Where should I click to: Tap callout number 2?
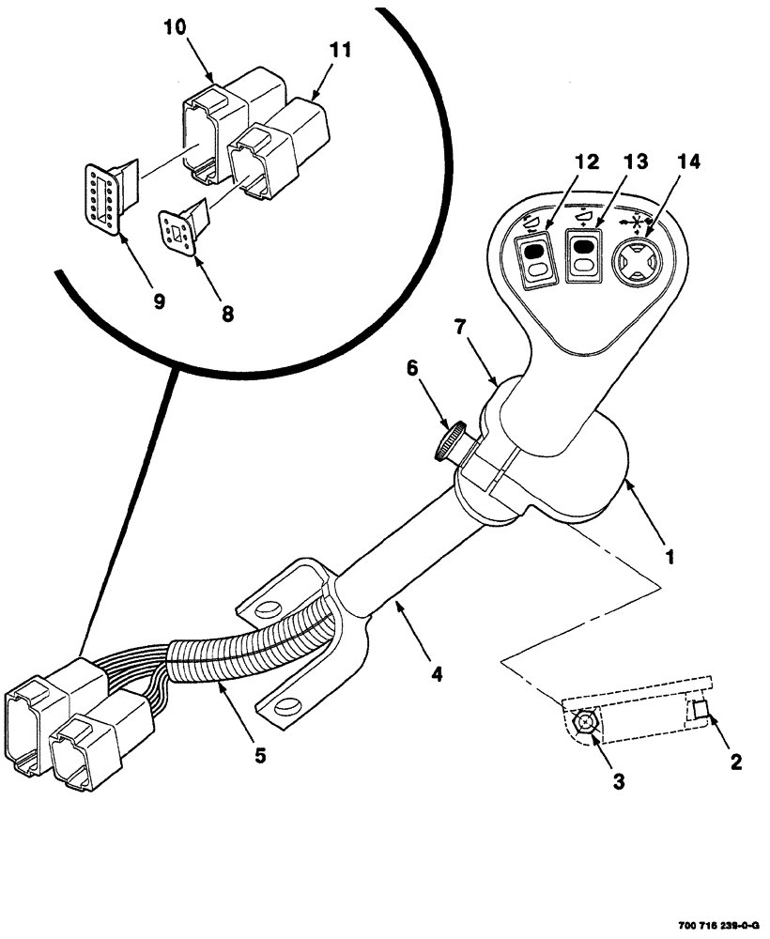click(736, 762)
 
